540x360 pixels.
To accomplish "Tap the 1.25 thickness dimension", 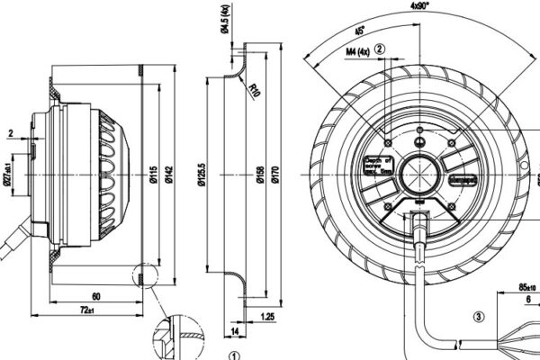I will tap(267, 317).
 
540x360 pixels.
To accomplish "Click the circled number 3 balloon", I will tap(477, 316).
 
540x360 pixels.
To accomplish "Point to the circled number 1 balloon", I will tap(234, 355).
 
